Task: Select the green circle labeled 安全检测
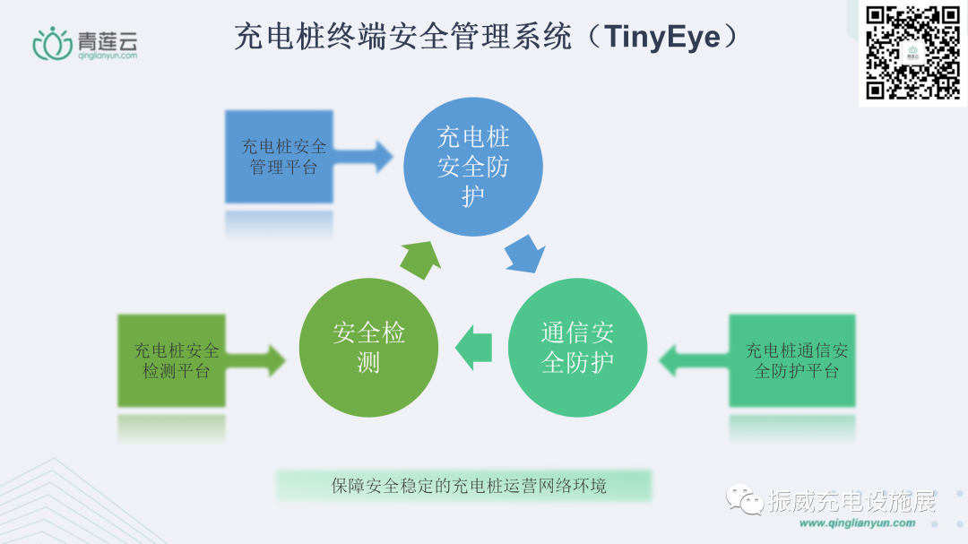[368, 347]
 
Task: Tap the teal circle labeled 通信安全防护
[577, 347]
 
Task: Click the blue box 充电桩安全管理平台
[279, 156]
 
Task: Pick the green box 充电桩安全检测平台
[172, 360]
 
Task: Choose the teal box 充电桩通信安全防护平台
[792, 360]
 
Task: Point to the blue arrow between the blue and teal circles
[525, 254]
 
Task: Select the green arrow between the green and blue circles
[419, 259]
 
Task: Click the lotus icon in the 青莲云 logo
[51, 43]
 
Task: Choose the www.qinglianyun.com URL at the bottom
[857, 523]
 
